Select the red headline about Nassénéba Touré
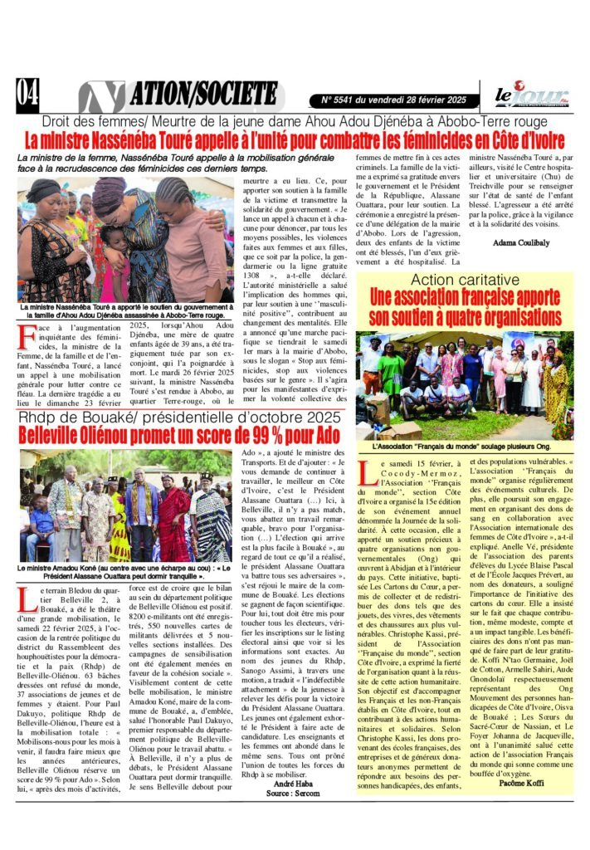tap(295, 139)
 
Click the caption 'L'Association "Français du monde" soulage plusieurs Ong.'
tap(461, 447)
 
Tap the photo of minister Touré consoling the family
tap(125, 239)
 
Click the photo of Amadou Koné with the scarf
tap(125, 506)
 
